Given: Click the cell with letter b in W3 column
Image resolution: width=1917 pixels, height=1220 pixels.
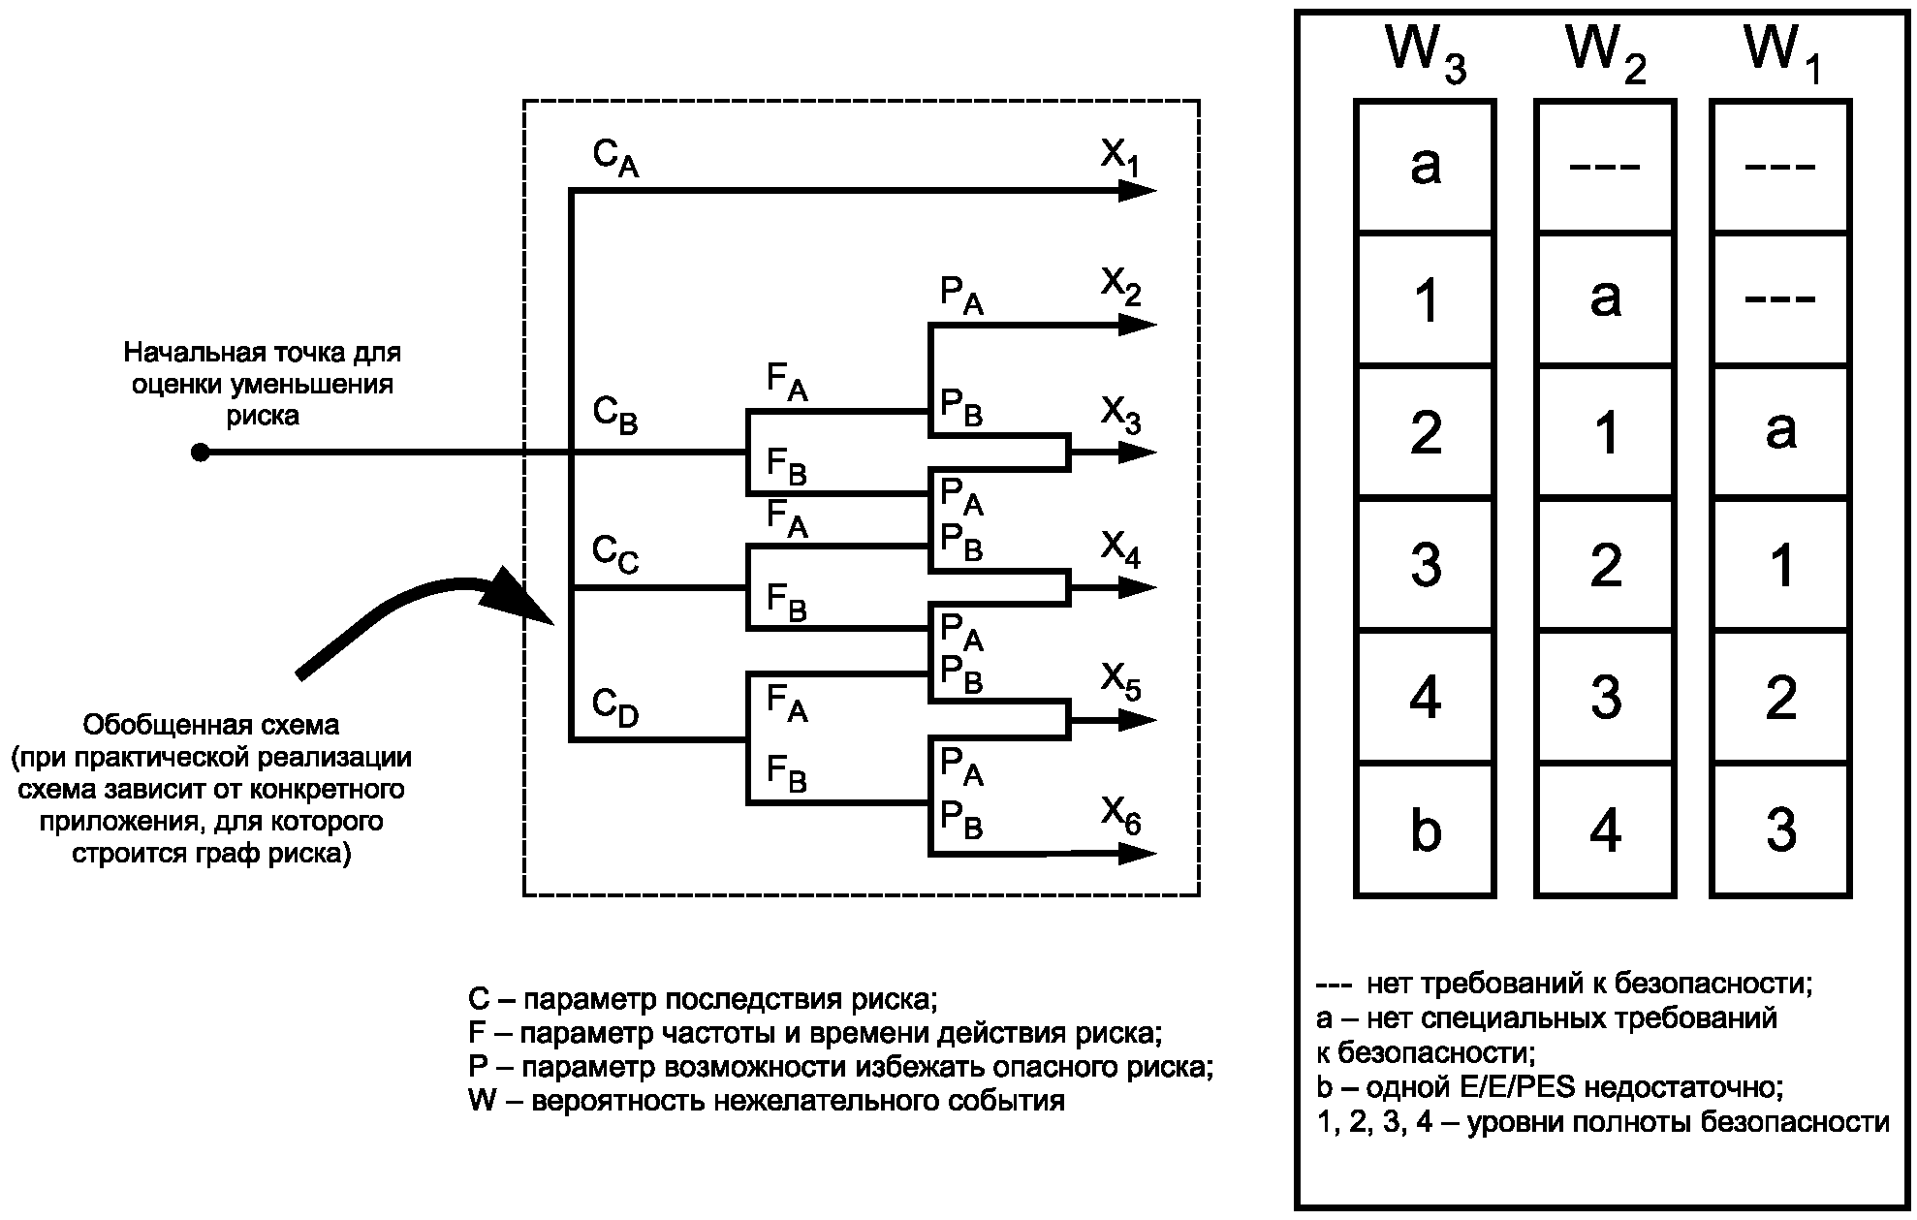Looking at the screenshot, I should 1425,830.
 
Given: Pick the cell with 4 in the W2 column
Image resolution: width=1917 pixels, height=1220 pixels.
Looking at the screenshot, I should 1605,830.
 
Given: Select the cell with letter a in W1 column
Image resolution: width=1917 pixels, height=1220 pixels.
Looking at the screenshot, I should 1781,431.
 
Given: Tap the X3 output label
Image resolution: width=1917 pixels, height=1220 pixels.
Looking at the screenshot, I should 1120,416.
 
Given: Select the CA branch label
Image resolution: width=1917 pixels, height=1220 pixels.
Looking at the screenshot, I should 615,157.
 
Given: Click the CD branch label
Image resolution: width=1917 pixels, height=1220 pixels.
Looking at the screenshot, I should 615,707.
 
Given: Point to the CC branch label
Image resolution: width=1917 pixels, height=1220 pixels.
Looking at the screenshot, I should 615,555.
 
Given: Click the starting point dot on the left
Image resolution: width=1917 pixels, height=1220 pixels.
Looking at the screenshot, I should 200,453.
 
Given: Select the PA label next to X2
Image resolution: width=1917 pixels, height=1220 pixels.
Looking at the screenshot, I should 961,296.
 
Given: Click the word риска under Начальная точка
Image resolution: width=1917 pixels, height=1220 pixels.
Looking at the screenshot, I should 263,416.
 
